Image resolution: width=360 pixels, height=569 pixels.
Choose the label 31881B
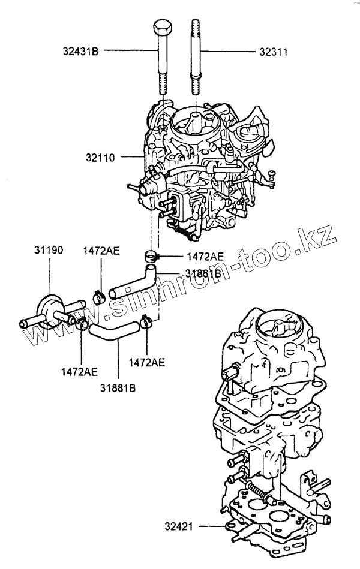coord(118,387)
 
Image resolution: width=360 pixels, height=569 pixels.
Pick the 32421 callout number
coord(179,527)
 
